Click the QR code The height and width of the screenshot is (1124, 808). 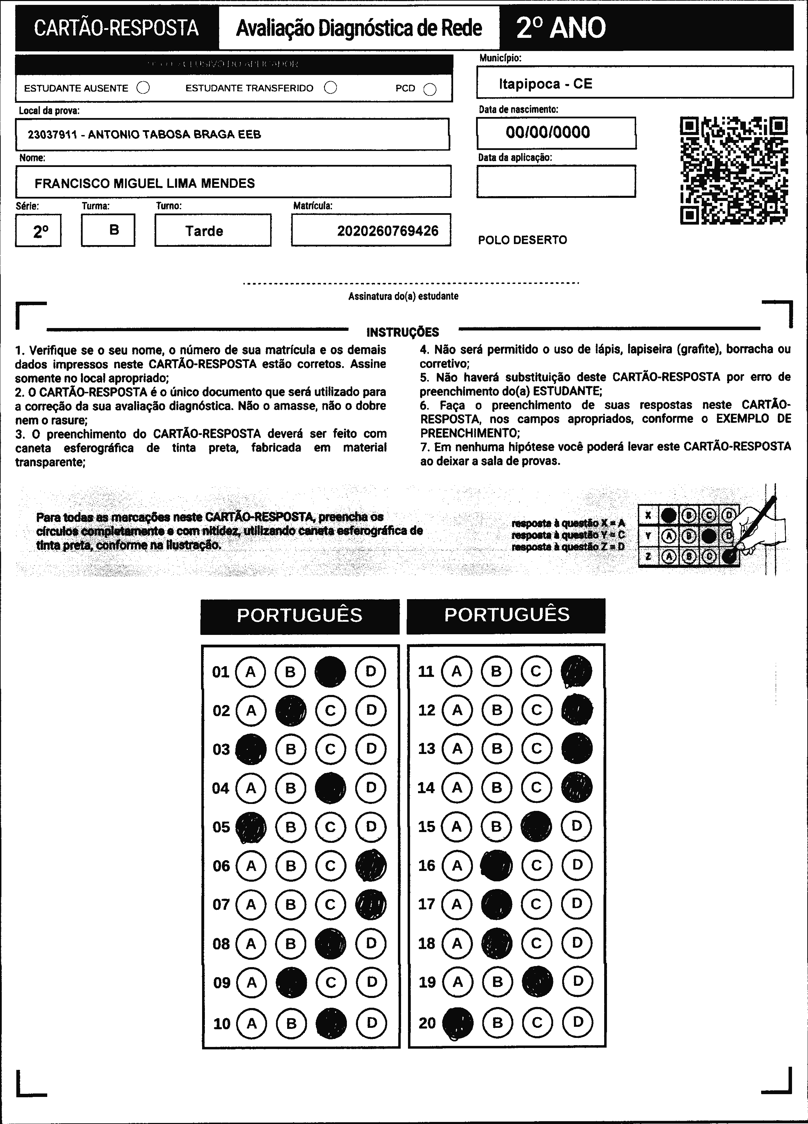(734, 170)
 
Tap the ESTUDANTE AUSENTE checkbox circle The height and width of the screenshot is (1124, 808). (143, 88)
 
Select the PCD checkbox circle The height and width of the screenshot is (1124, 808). (430, 89)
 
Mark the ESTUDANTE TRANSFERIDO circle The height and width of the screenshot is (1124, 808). (331, 88)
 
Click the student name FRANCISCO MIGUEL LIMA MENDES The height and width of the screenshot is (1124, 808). (145, 183)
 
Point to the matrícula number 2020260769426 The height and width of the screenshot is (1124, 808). (388, 231)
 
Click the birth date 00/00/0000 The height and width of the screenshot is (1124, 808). (548, 132)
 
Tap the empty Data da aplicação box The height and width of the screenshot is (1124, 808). (556, 181)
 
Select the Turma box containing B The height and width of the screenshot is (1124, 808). (108, 230)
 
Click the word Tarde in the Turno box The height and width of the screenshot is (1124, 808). (204, 231)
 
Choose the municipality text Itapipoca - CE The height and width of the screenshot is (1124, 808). (545, 84)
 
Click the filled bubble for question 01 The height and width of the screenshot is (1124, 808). (331, 672)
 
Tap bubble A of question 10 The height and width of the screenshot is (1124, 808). (252, 1023)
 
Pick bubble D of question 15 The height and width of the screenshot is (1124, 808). (576, 826)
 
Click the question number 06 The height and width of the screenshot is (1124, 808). (221, 866)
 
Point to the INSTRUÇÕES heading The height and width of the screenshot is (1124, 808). (402, 332)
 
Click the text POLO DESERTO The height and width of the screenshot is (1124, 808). (523, 240)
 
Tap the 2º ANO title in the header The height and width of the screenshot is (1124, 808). (561, 28)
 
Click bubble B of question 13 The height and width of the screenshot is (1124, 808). (497, 748)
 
